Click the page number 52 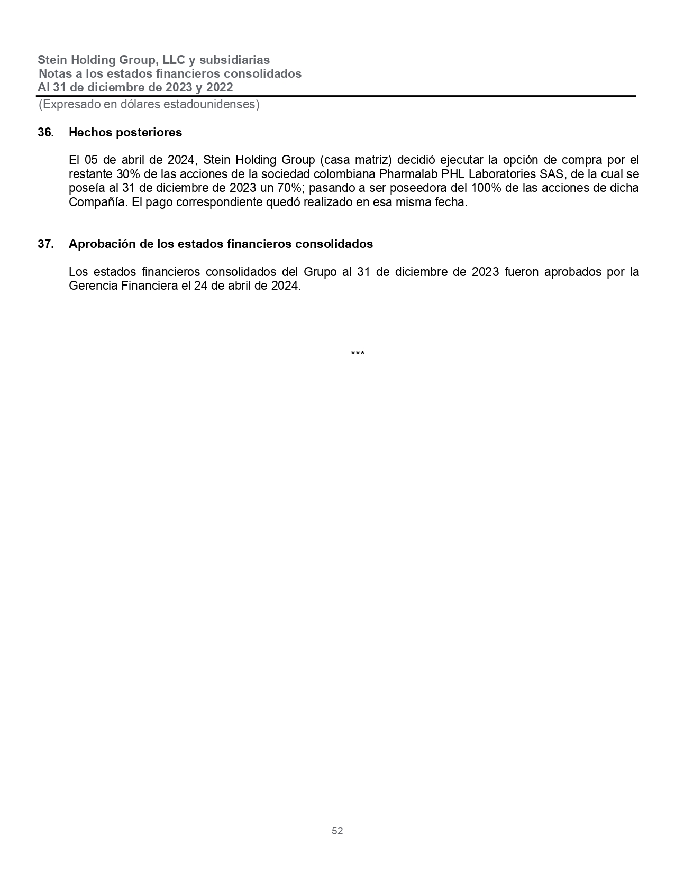click(337, 831)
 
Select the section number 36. click(45, 133)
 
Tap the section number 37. click(45, 244)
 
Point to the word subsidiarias click(234, 60)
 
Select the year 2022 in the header click(220, 87)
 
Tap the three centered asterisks click(358, 353)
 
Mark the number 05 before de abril click(92, 160)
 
